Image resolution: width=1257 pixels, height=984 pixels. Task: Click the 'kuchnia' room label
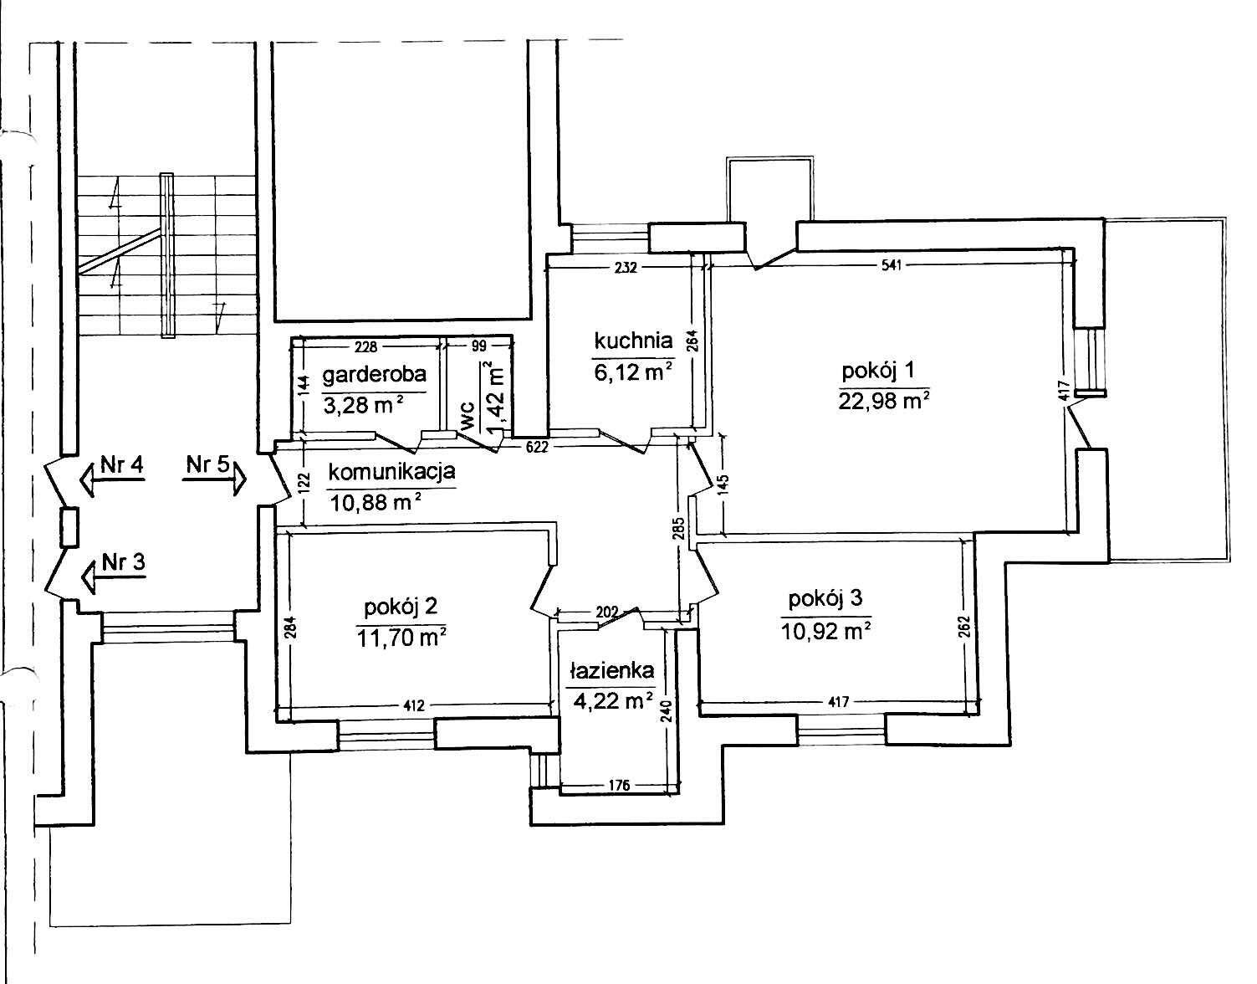633,341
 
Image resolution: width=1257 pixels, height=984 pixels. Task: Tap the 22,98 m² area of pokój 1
884,400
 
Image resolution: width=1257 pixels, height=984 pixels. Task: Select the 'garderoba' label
375,374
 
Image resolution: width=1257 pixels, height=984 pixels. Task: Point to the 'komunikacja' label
391,471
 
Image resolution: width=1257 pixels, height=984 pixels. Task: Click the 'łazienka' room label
611,670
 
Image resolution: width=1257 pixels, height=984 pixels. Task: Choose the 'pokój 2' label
401,607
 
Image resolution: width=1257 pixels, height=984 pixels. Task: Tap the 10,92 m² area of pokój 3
826,631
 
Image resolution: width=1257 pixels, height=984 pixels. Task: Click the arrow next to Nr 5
215,479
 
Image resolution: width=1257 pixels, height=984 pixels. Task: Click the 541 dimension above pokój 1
892,265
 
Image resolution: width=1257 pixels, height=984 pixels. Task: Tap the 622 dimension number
536,447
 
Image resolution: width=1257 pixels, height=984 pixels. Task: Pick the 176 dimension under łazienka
618,785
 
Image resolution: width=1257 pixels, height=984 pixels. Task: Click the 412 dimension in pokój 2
413,705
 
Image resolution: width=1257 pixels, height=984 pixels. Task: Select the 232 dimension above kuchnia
626,267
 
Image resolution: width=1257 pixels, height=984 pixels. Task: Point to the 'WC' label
468,415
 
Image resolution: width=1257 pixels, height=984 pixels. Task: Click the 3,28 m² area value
363,405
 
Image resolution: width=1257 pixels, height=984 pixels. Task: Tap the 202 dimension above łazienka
607,612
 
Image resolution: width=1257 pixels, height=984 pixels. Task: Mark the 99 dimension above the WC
479,346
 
